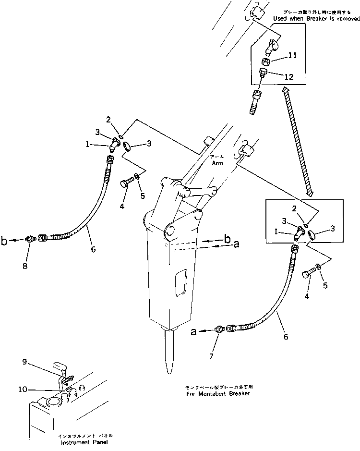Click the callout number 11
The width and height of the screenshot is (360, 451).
click(x=292, y=56)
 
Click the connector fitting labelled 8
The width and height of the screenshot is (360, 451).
click(x=30, y=239)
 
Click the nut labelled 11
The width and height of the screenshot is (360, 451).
click(x=264, y=61)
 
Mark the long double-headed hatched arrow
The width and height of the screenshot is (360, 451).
click(x=298, y=142)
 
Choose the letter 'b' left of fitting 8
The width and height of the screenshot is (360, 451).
click(x=4, y=241)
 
